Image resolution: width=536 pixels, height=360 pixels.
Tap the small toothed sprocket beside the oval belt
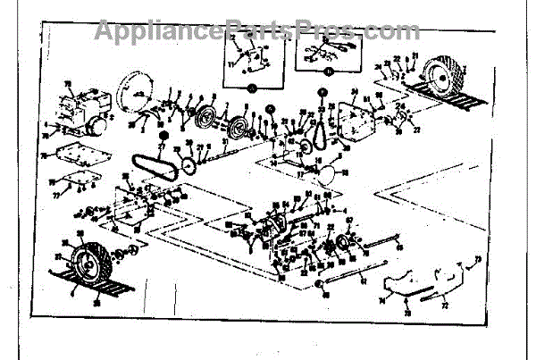coord(189,164)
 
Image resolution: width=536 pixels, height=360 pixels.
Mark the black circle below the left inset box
coord(253,88)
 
